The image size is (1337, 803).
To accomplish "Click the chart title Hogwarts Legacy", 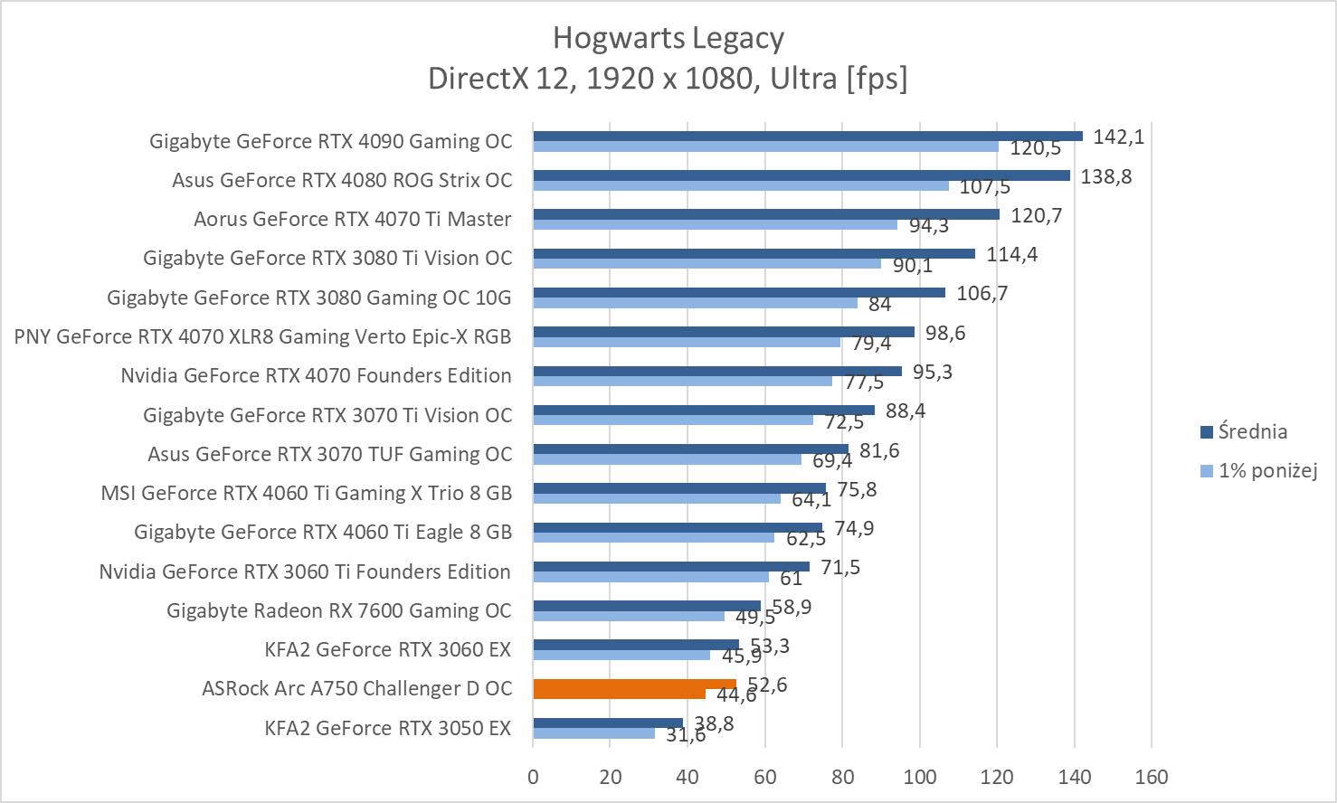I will (x=668, y=38).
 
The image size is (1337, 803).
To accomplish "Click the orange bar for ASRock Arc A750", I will (x=634, y=685).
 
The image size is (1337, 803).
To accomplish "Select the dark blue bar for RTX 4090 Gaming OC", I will (x=807, y=137).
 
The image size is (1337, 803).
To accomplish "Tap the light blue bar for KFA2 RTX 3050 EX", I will (x=593, y=733).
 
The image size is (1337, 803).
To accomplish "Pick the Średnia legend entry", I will (x=1252, y=431).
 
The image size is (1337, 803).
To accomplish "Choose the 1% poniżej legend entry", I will (x=1266, y=470).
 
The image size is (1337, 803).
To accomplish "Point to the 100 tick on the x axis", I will (x=919, y=776).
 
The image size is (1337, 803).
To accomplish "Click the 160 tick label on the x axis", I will (x=1152, y=776).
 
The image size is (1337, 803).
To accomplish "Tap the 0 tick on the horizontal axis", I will (x=533, y=776).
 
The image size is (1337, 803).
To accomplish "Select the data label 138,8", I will (x=1106, y=176).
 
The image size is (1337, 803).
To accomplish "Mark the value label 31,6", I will (x=686, y=735).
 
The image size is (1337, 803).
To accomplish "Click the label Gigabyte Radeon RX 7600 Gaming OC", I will (x=339, y=610).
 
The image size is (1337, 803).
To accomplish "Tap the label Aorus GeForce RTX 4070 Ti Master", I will (x=353, y=219).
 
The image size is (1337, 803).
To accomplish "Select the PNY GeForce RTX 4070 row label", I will (x=263, y=336).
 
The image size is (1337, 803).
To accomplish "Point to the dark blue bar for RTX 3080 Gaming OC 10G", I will (x=738, y=293).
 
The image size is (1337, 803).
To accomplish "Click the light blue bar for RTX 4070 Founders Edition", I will (x=682, y=381).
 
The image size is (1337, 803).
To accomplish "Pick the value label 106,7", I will (x=983, y=293).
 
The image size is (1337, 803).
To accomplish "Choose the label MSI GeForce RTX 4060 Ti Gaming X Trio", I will (x=307, y=493).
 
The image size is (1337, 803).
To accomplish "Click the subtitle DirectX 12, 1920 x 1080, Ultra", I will (x=668, y=79).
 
